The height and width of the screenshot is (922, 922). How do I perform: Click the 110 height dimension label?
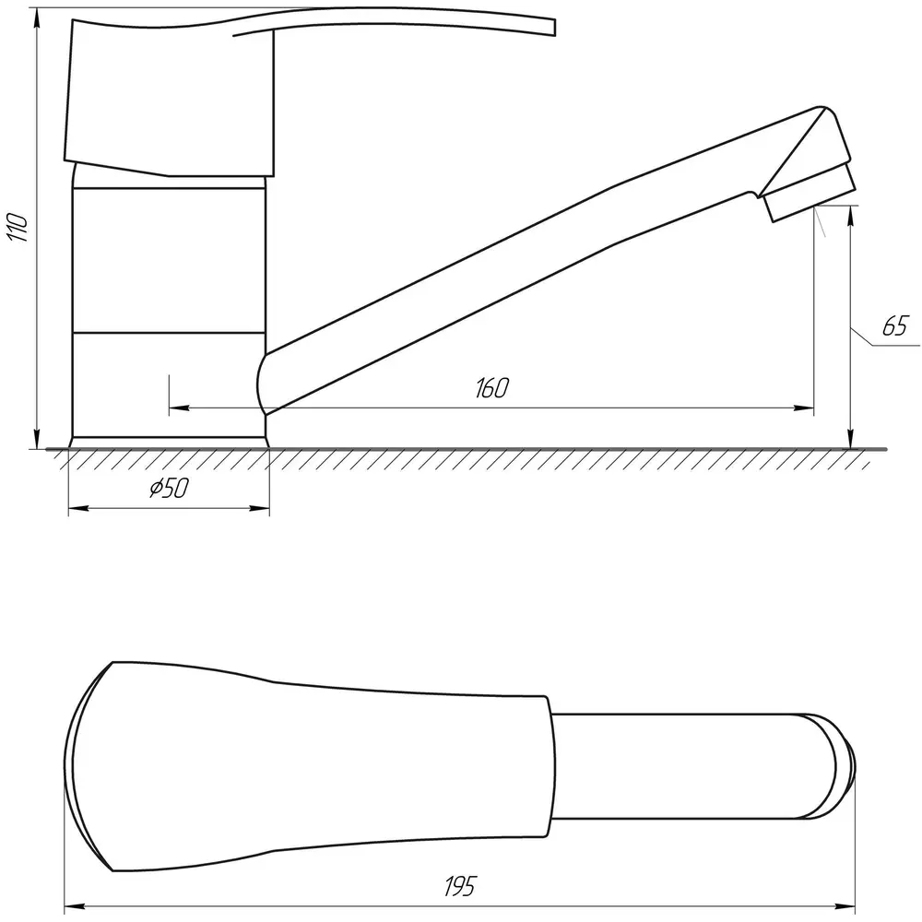pyautogui.click(x=18, y=228)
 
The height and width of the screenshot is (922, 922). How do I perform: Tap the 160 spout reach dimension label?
pyautogui.click(x=491, y=388)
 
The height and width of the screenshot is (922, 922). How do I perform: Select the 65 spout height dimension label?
pyautogui.click(x=895, y=325)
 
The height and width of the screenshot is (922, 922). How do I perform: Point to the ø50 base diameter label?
pyautogui.click(x=170, y=488)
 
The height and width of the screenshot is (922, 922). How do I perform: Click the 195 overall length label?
pyautogui.click(x=460, y=885)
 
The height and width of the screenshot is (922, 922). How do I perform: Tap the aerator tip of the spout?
pyautogui.click(x=810, y=193)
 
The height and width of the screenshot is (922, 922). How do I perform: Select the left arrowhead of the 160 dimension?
pyautogui.click(x=179, y=408)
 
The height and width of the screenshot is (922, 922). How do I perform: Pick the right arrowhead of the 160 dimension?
pyautogui.click(x=804, y=408)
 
